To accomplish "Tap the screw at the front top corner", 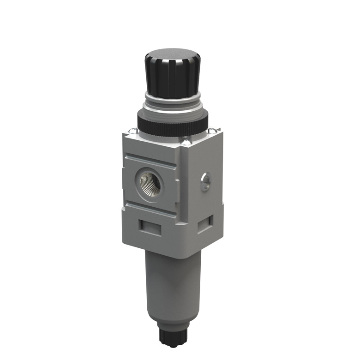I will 186,142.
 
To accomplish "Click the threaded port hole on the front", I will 151,183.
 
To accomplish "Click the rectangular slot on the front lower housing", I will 151,228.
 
